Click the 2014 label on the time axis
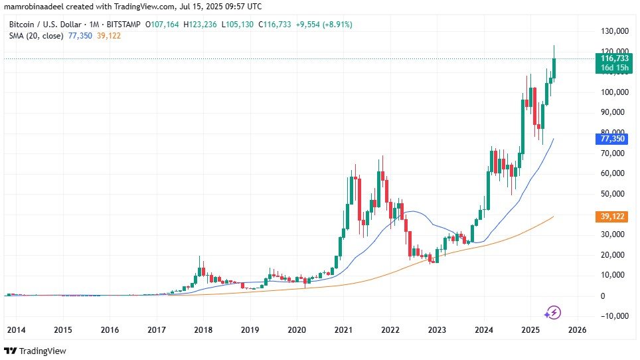16,329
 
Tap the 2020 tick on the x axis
297,329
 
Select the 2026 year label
578,329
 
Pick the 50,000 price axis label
613,194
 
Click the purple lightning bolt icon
553,312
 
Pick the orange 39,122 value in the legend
109,35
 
